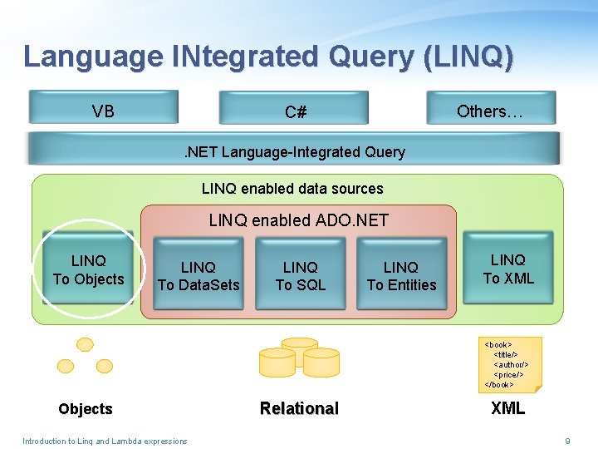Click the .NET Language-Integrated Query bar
tap(294, 151)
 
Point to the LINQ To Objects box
tap(88, 271)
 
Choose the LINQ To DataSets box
tap(199, 276)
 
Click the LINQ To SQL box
tap(301, 276)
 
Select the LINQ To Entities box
tap(401, 276)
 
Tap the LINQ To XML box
tap(508, 269)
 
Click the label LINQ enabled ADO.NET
tap(298, 220)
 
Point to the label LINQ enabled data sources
tap(292, 189)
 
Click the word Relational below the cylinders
tap(299, 408)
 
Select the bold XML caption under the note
tap(507, 408)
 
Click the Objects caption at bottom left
tap(85, 409)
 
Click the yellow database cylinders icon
tap(299, 358)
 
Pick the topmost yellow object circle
tap(85, 343)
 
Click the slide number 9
tap(567, 441)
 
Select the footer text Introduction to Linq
tap(105, 441)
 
